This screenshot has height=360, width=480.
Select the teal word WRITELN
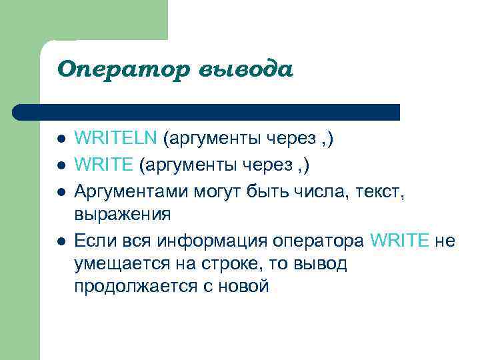tap(115, 139)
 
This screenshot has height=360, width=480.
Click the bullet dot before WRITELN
tap(60, 139)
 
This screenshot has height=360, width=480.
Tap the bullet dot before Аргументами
tap(60, 192)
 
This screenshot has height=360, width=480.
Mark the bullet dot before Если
tap(60, 241)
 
